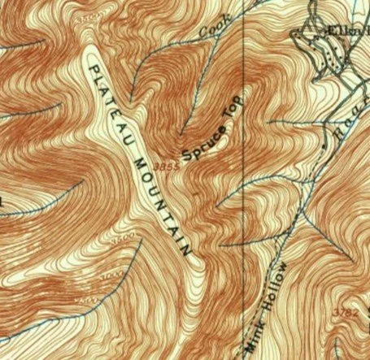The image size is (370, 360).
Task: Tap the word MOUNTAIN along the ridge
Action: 160,198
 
